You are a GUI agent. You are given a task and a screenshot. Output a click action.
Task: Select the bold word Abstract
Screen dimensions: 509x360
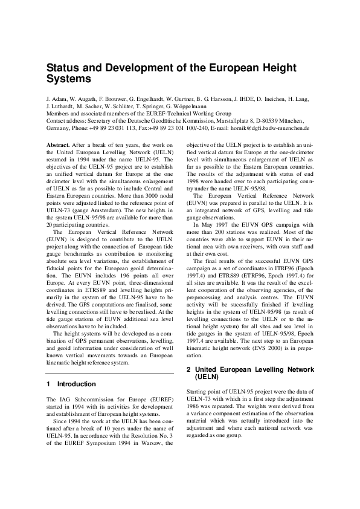tap(59, 145)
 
